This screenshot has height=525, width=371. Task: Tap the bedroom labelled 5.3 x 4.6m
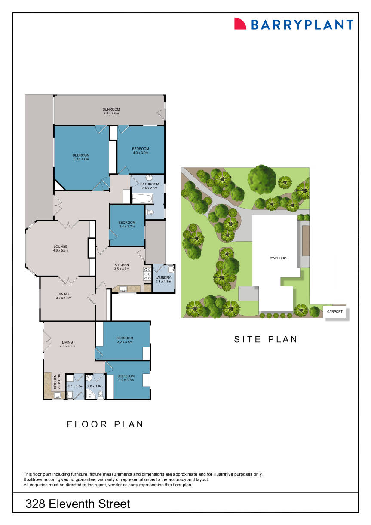click(x=81, y=157)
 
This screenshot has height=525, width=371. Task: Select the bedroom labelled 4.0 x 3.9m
click(x=140, y=150)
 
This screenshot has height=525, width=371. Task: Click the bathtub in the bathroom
click(x=141, y=199)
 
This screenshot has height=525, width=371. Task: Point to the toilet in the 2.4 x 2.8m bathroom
click(x=150, y=212)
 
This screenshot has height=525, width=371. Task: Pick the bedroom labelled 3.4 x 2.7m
click(x=128, y=224)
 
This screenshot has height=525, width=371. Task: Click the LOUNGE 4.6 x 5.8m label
click(x=61, y=248)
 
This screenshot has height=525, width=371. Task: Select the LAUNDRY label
click(x=163, y=278)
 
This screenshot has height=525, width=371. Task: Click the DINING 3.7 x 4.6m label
click(x=63, y=296)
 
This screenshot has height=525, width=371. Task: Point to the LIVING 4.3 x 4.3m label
click(x=67, y=344)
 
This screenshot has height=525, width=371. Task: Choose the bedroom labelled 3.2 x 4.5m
click(x=124, y=340)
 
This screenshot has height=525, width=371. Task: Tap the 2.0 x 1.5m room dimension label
click(x=75, y=387)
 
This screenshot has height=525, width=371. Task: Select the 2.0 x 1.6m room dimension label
click(x=95, y=387)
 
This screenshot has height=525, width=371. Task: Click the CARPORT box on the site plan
click(x=335, y=312)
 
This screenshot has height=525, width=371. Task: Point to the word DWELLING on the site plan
click(x=278, y=258)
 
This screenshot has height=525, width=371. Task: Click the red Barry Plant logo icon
click(x=239, y=24)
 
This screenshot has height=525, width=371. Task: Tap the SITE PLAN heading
click(x=266, y=339)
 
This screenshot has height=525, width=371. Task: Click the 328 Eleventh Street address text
click(x=78, y=504)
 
